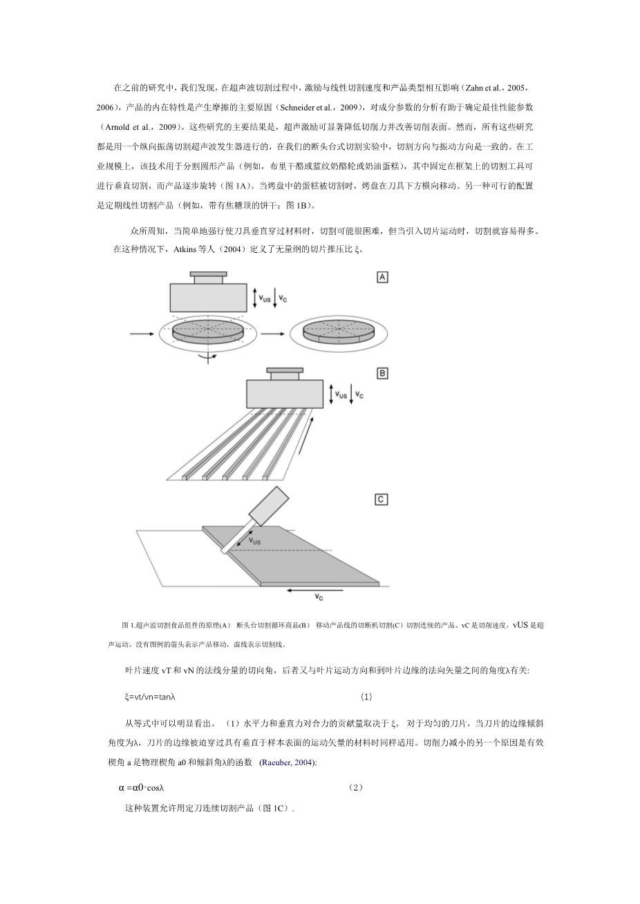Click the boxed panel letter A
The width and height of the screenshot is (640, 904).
382,277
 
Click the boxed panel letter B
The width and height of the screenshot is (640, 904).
382,373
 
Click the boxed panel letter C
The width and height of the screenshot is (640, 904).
382,499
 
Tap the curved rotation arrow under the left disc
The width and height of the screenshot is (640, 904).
205,356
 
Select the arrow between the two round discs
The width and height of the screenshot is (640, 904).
272,334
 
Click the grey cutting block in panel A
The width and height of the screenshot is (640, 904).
209,298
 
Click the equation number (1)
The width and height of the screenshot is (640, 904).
367,697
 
